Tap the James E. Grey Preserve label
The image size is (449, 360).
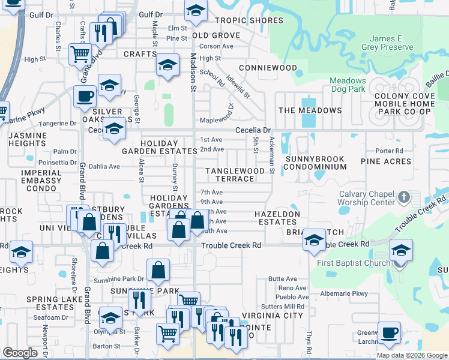[x=387, y=43]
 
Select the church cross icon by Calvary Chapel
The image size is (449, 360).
[x=404, y=197]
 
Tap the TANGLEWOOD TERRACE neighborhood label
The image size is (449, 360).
[x=235, y=175]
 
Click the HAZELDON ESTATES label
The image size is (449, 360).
[x=276, y=218]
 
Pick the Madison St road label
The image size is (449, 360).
[x=193, y=73]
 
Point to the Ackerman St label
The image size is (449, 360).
[x=272, y=155]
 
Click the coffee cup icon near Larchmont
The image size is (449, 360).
[x=389, y=331]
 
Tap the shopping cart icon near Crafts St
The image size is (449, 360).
[x=80, y=54]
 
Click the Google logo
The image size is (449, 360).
[x=20, y=353]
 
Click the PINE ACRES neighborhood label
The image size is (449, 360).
[x=386, y=161]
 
